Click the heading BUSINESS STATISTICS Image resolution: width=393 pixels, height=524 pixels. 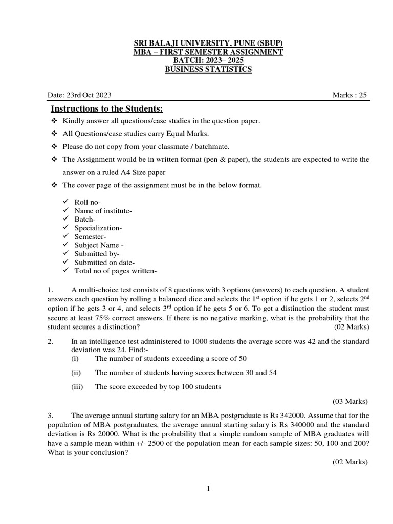pyautogui.click(x=208, y=69)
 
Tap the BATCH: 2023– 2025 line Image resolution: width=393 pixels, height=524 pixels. pyautogui.click(x=208, y=60)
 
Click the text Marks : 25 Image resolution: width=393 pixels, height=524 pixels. pyautogui.click(x=350, y=95)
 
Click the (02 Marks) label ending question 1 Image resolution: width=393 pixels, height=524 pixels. pyautogui.click(x=351, y=326)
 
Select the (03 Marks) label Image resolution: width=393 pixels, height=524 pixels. pyautogui.click(x=350, y=401)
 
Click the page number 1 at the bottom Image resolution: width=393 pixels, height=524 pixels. pyautogui.click(x=208, y=489)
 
